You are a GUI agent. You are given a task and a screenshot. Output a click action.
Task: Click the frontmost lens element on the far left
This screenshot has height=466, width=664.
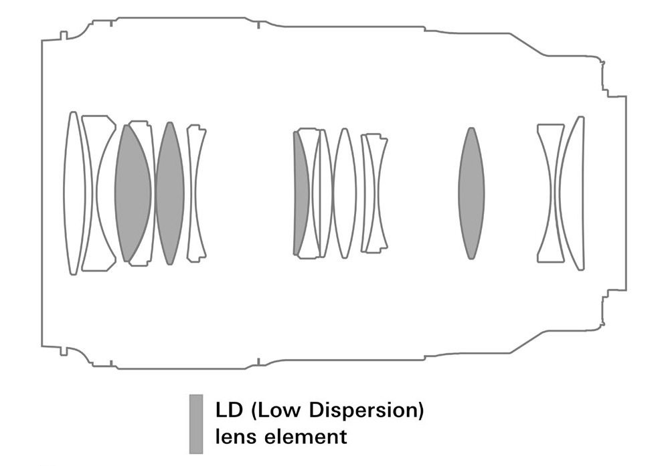click(74, 193)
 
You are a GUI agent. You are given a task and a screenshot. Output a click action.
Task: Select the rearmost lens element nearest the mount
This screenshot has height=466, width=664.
click(572, 193)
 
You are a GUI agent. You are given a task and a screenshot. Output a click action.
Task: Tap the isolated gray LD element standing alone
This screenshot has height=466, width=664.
click(471, 193)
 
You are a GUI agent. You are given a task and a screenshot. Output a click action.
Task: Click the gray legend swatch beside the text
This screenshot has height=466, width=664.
click(196, 424)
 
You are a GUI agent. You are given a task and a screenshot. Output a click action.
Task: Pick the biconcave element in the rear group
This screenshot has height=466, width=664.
click(550, 193)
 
